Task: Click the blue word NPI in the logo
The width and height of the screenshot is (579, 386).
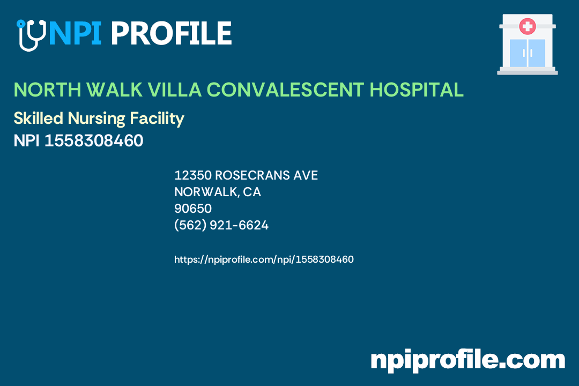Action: (x=75, y=33)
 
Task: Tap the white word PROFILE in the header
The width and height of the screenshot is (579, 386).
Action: (x=170, y=33)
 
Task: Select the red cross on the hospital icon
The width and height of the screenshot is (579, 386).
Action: (x=528, y=26)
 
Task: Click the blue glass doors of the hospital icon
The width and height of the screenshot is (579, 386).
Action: (x=528, y=53)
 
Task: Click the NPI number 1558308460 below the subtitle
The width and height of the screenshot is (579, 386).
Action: (x=93, y=141)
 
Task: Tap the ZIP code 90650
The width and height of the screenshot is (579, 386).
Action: (x=193, y=209)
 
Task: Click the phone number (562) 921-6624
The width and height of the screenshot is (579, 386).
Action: (x=221, y=225)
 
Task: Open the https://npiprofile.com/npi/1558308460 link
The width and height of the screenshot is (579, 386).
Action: (x=264, y=259)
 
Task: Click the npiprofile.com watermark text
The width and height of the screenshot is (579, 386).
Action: (x=467, y=360)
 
